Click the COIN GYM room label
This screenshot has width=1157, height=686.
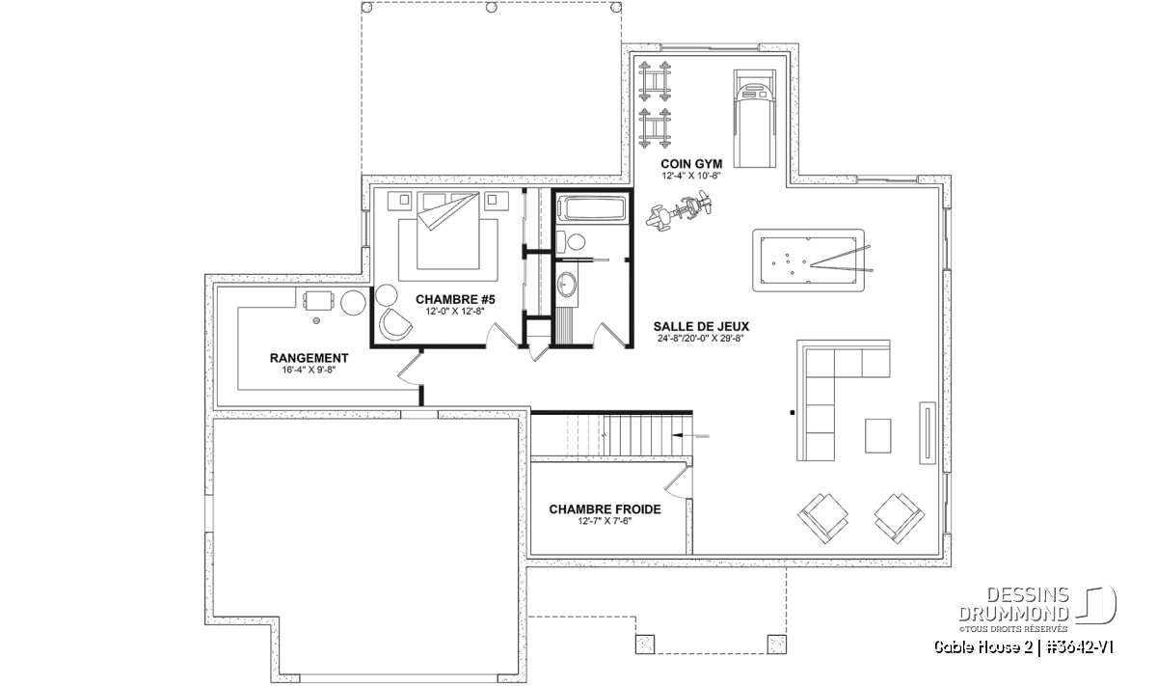click(x=691, y=164)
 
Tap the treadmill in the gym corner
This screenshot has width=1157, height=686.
click(x=755, y=119)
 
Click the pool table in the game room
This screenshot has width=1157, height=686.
click(x=808, y=261)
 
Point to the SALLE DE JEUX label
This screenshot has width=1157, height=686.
click(x=701, y=327)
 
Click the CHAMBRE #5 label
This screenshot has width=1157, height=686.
click(x=455, y=300)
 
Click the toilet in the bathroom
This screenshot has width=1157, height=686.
click(x=571, y=241)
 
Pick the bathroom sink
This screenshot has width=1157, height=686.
click(x=567, y=285)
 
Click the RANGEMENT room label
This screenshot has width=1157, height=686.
click(x=309, y=358)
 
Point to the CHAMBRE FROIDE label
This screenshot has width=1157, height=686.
click(x=605, y=509)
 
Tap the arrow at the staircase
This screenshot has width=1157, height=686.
click(x=690, y=436)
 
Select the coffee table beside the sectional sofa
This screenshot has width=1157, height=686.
click(x=877, y=436)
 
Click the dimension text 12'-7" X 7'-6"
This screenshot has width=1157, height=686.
click(x=605, y=521)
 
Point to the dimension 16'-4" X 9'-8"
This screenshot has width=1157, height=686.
click(x=309, y=370)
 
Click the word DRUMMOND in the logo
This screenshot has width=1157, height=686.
click(x=1013, y=614)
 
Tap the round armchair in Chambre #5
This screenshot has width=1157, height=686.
click(x=395, y=324)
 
